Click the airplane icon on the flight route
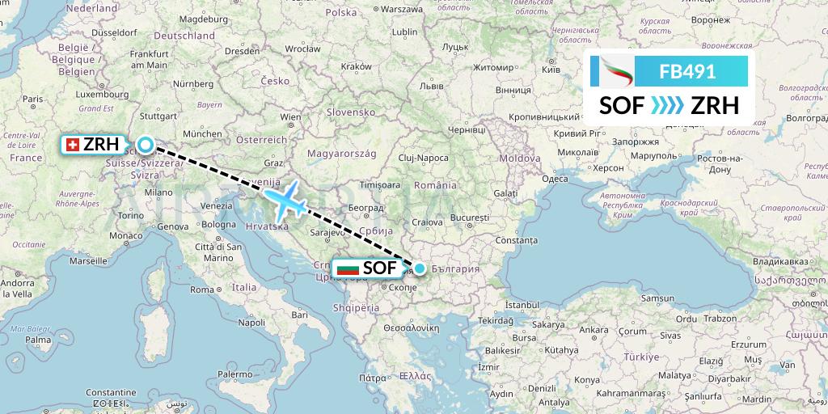coord(285,201)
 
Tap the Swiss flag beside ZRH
coord(72,145)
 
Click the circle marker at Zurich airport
coord(145,146)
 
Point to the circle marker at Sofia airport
coord(420,268)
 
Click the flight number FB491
coord(687,71)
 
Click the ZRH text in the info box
coord(714,105)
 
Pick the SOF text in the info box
coord(622,105)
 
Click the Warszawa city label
coord(402,10)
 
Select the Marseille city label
coord(88,262)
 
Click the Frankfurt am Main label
coord(149,60)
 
